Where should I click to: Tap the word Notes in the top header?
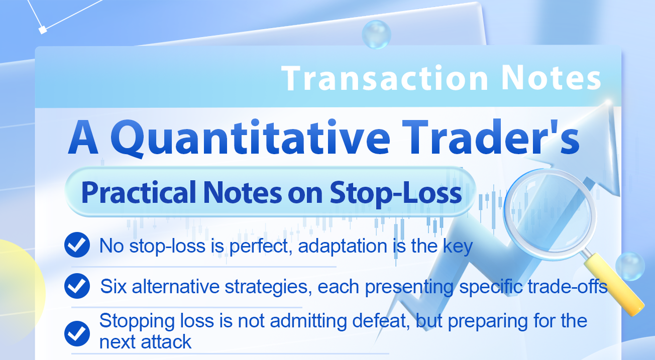point(551,78)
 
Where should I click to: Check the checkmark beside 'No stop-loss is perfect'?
point(77,246)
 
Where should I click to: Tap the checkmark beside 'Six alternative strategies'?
point(77,286)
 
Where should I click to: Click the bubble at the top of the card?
point(376,34)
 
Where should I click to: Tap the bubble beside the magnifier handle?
point(630,266)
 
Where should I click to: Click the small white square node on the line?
point(43,30)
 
